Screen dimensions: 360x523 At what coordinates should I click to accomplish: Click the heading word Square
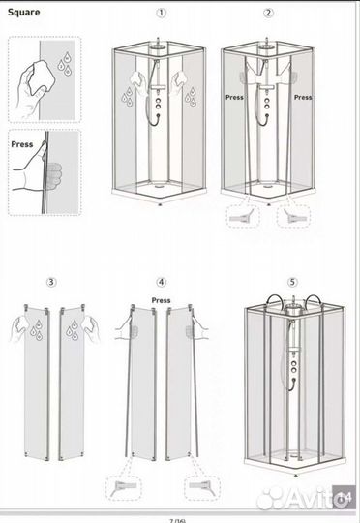(23, 13)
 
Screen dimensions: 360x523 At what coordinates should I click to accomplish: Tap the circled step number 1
(161, 13)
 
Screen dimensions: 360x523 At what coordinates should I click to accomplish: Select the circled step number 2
(268, 13)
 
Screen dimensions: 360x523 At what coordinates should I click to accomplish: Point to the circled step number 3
(51, 282)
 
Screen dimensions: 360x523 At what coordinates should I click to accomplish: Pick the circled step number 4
(162, 282)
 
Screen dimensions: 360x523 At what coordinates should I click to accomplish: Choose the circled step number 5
(292, 282)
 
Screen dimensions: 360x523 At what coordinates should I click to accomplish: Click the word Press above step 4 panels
(161, 300)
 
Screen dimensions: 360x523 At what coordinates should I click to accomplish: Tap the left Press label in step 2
(234, 98)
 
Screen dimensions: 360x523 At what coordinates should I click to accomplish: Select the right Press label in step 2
(303, 98)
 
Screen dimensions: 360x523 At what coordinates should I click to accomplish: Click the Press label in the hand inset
(22, 144)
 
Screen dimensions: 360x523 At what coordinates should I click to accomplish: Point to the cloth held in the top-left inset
(41, 77)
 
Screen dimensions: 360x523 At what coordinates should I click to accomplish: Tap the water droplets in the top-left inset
(64, 64)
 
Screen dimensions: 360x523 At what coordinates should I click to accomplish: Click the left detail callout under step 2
(243, 217)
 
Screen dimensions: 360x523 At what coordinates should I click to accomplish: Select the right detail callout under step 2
(293, 217)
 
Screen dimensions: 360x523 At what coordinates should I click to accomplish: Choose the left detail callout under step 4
(124, 488)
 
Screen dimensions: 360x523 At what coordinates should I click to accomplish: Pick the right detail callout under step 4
(202, 488)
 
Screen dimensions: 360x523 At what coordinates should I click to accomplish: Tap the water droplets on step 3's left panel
(36, 330)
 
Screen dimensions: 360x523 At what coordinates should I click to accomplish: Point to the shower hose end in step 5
(294, 380)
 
